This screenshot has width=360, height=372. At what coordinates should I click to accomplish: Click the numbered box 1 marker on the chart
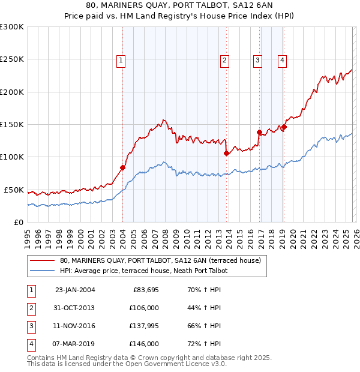(121, 59)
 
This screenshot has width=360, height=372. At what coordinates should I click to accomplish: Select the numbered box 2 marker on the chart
(224, 59)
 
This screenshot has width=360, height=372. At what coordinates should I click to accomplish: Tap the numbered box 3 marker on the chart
(257, 59)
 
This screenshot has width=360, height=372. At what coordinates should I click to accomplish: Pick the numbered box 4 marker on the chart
(281, 59)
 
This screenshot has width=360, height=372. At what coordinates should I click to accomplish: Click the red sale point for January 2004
(122, 168)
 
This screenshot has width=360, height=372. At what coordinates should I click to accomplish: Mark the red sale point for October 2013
(226, 153)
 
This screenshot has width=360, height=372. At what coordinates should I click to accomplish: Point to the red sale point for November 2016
(259, 132)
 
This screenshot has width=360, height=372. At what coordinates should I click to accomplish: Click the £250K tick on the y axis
(12, 59)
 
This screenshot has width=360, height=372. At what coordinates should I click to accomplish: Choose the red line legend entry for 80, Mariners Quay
(160, 261)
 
